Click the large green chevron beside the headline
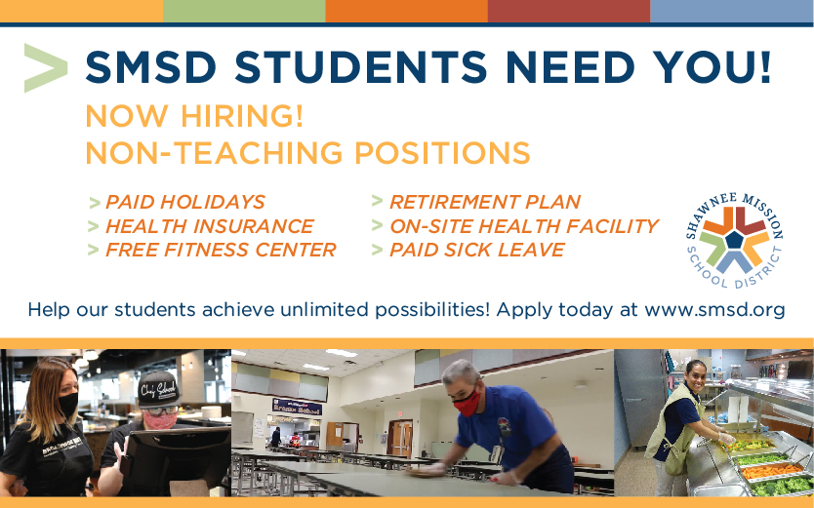[x=45, y=67]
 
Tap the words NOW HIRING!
[x=194, y=116]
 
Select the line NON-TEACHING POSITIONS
[x=307, y=153]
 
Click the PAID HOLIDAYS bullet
[x=184, y=202]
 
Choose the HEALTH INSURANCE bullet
[x=209, y=226]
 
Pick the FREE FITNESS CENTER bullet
[x=220, y=250]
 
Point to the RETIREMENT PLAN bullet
[x=484, y=202]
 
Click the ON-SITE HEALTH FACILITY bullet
[x=523, y=226]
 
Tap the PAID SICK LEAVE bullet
[x=476, y=250]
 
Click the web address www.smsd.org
[x=714, y=310]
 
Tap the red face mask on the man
[x=468, y=402]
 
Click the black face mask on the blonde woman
[x=67, y=403]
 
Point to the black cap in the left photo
[x=158, y=387]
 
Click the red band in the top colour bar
[x=568, y=11]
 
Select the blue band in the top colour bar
[x=731, y=11]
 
